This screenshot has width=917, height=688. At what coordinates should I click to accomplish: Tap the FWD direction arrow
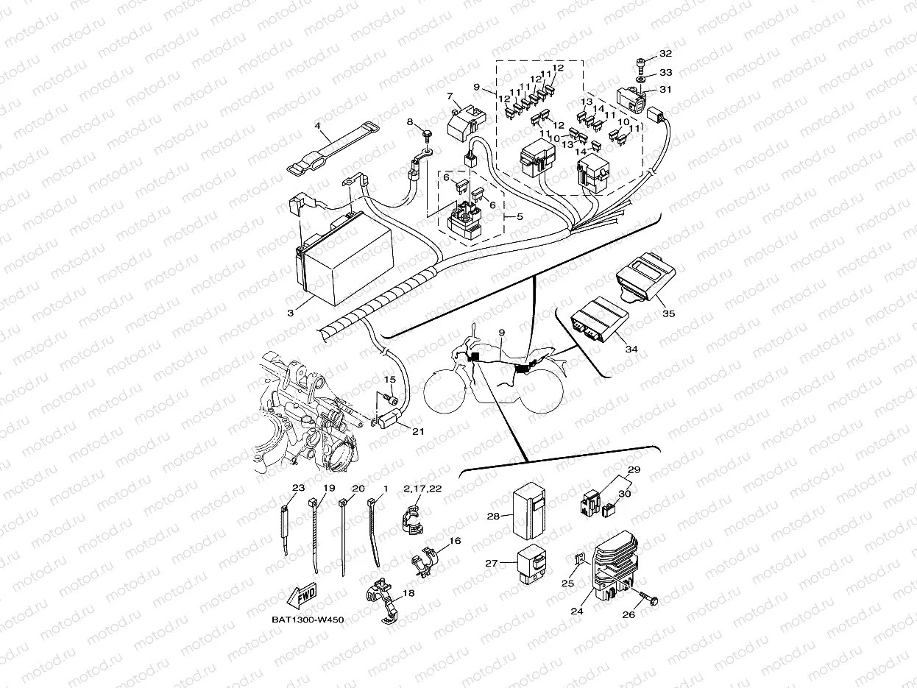[302, 594]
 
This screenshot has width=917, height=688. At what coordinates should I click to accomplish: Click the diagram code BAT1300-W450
[308, 620]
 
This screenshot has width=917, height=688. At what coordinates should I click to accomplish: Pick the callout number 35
[668, 313]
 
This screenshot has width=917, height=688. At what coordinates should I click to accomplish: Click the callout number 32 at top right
[665, 54]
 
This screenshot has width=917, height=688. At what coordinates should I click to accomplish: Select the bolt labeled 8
[427, 137]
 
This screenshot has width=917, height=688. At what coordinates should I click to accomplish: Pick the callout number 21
[418, 431]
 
